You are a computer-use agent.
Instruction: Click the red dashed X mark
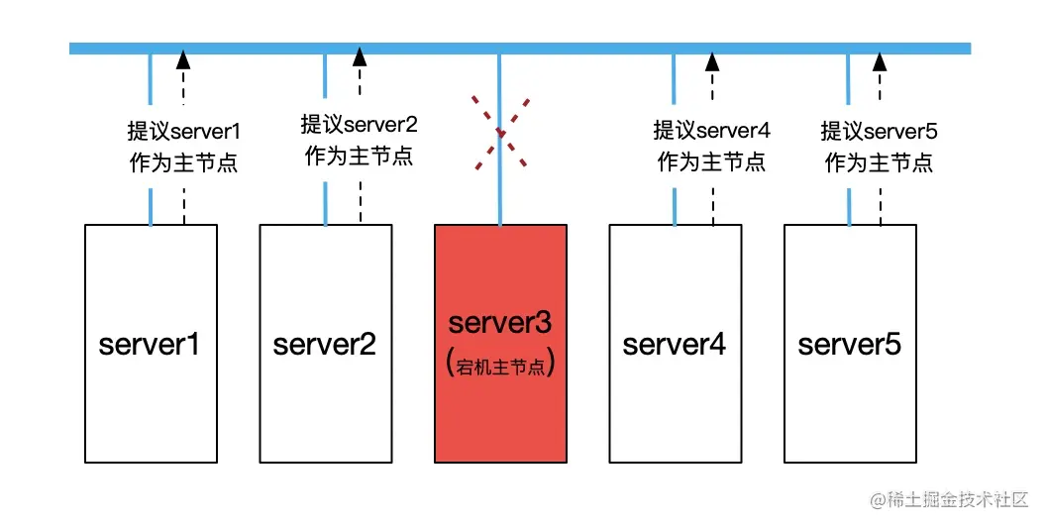[x=499, y=131]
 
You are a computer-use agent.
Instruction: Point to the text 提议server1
[x=184, y=131]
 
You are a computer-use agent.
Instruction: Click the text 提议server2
[x=359, y=125]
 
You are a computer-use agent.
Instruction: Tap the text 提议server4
[x=711, y=131]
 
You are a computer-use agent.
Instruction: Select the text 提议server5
[x=880, y=131]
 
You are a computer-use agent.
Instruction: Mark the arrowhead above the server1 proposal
[x=183, y=59]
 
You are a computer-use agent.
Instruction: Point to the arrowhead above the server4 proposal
[x=711, y=59]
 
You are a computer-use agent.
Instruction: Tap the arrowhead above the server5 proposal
[x=880, y=59]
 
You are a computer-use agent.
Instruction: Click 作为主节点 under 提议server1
[x=184, y=162]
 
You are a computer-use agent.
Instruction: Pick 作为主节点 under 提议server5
[x=880, y=162]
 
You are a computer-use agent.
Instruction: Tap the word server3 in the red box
[x=500, y=324]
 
